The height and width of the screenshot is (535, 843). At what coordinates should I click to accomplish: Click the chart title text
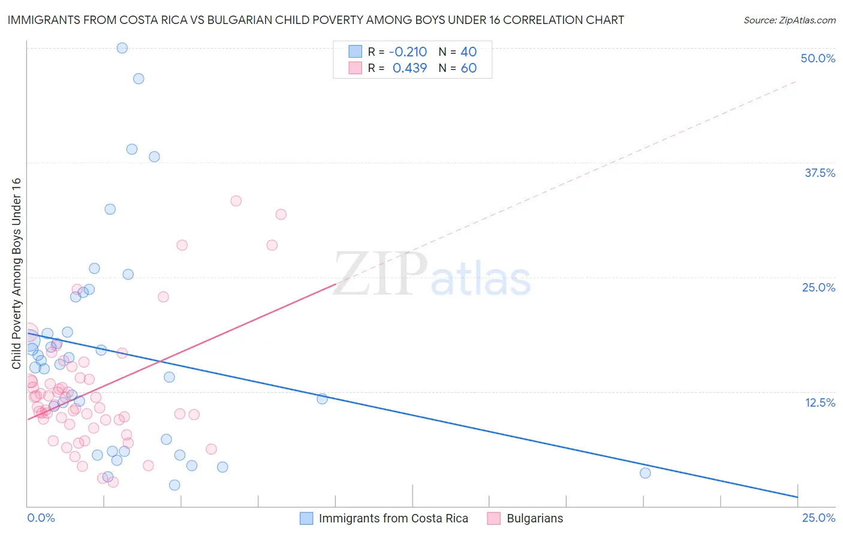[316, 20]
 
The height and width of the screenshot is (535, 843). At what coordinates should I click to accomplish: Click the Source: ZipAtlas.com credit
[789, 20]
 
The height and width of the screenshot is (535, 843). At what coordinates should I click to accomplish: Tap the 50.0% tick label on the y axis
[818, 58]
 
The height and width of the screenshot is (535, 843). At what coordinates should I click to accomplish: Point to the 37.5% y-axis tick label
[820, 173]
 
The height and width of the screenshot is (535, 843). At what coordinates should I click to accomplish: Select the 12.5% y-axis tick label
[820, 402]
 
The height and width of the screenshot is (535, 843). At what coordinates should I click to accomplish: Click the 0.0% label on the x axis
[41, 518]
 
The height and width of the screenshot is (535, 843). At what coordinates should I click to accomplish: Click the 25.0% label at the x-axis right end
[818, 518]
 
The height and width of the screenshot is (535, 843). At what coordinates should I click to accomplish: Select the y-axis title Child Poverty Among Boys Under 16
[16, 273]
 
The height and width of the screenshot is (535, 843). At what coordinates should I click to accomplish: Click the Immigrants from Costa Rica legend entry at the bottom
[393, 518]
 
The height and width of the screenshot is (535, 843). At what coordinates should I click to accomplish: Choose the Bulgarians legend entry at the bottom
[535, 518]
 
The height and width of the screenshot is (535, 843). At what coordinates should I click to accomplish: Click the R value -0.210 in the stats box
[408, 52]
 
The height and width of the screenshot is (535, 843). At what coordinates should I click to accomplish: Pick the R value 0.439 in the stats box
[410, 68]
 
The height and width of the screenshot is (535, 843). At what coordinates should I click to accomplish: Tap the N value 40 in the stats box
[468, 52]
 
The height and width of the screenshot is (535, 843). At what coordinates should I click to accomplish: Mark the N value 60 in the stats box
[468, 68]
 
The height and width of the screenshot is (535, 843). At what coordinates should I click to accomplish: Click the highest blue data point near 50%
[122, 48]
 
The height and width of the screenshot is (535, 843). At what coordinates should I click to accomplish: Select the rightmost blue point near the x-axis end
[645, 473]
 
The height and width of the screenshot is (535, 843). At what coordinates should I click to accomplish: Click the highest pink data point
[236, 201]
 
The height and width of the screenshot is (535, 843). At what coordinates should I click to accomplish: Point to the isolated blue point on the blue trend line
[322, 398]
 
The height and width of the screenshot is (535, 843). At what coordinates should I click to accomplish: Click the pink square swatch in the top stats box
[356, 68]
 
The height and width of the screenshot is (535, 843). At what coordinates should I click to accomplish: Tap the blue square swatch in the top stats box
[356, 52]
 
